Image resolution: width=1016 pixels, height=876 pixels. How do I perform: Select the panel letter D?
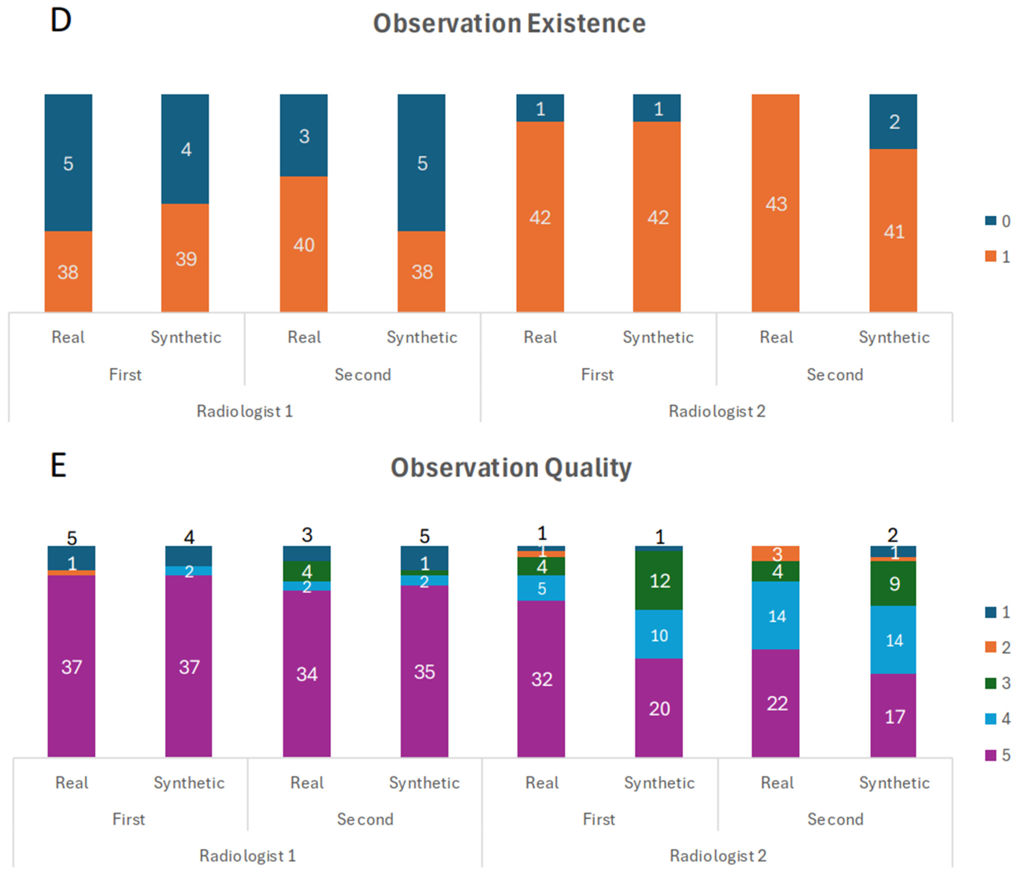click(x=61, y=21)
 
